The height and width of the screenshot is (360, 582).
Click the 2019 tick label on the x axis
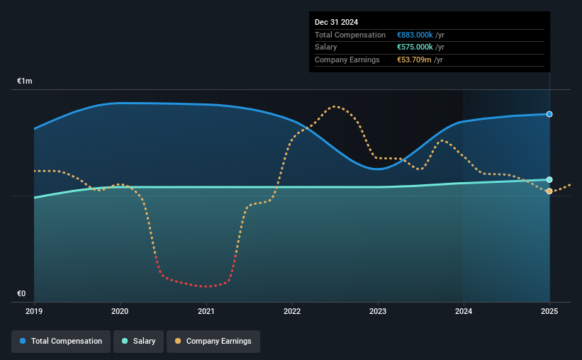coord(34,311)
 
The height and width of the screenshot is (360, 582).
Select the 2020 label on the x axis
coord(120,311)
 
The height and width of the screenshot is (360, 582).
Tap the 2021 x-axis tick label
coord(206,311)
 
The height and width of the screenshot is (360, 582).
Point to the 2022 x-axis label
coord(292,311)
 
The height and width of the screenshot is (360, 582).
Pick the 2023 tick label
coord(378,311)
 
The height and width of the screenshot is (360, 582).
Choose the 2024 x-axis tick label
coord(464,311)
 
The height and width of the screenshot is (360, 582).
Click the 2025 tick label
coord(549,311)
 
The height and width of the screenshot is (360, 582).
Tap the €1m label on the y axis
coord(25,81)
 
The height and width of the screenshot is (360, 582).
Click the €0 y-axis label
coord(21,293)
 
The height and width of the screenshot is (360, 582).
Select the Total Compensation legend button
coord(61,342)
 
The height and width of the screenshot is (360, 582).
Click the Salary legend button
coord(138,342)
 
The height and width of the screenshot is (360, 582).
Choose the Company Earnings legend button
coord(213,342)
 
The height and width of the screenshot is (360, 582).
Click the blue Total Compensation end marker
coord(549,114)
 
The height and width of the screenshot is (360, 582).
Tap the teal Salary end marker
coord(549,179)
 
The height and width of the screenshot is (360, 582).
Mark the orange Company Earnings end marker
coord(549,191)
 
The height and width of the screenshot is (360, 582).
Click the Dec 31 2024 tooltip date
coord(336,22)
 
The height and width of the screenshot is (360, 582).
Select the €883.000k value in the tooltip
coord(415,35)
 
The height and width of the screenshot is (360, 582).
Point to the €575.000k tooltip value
coord(415,47)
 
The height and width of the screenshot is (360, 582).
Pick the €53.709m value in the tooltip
coord(414,60)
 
